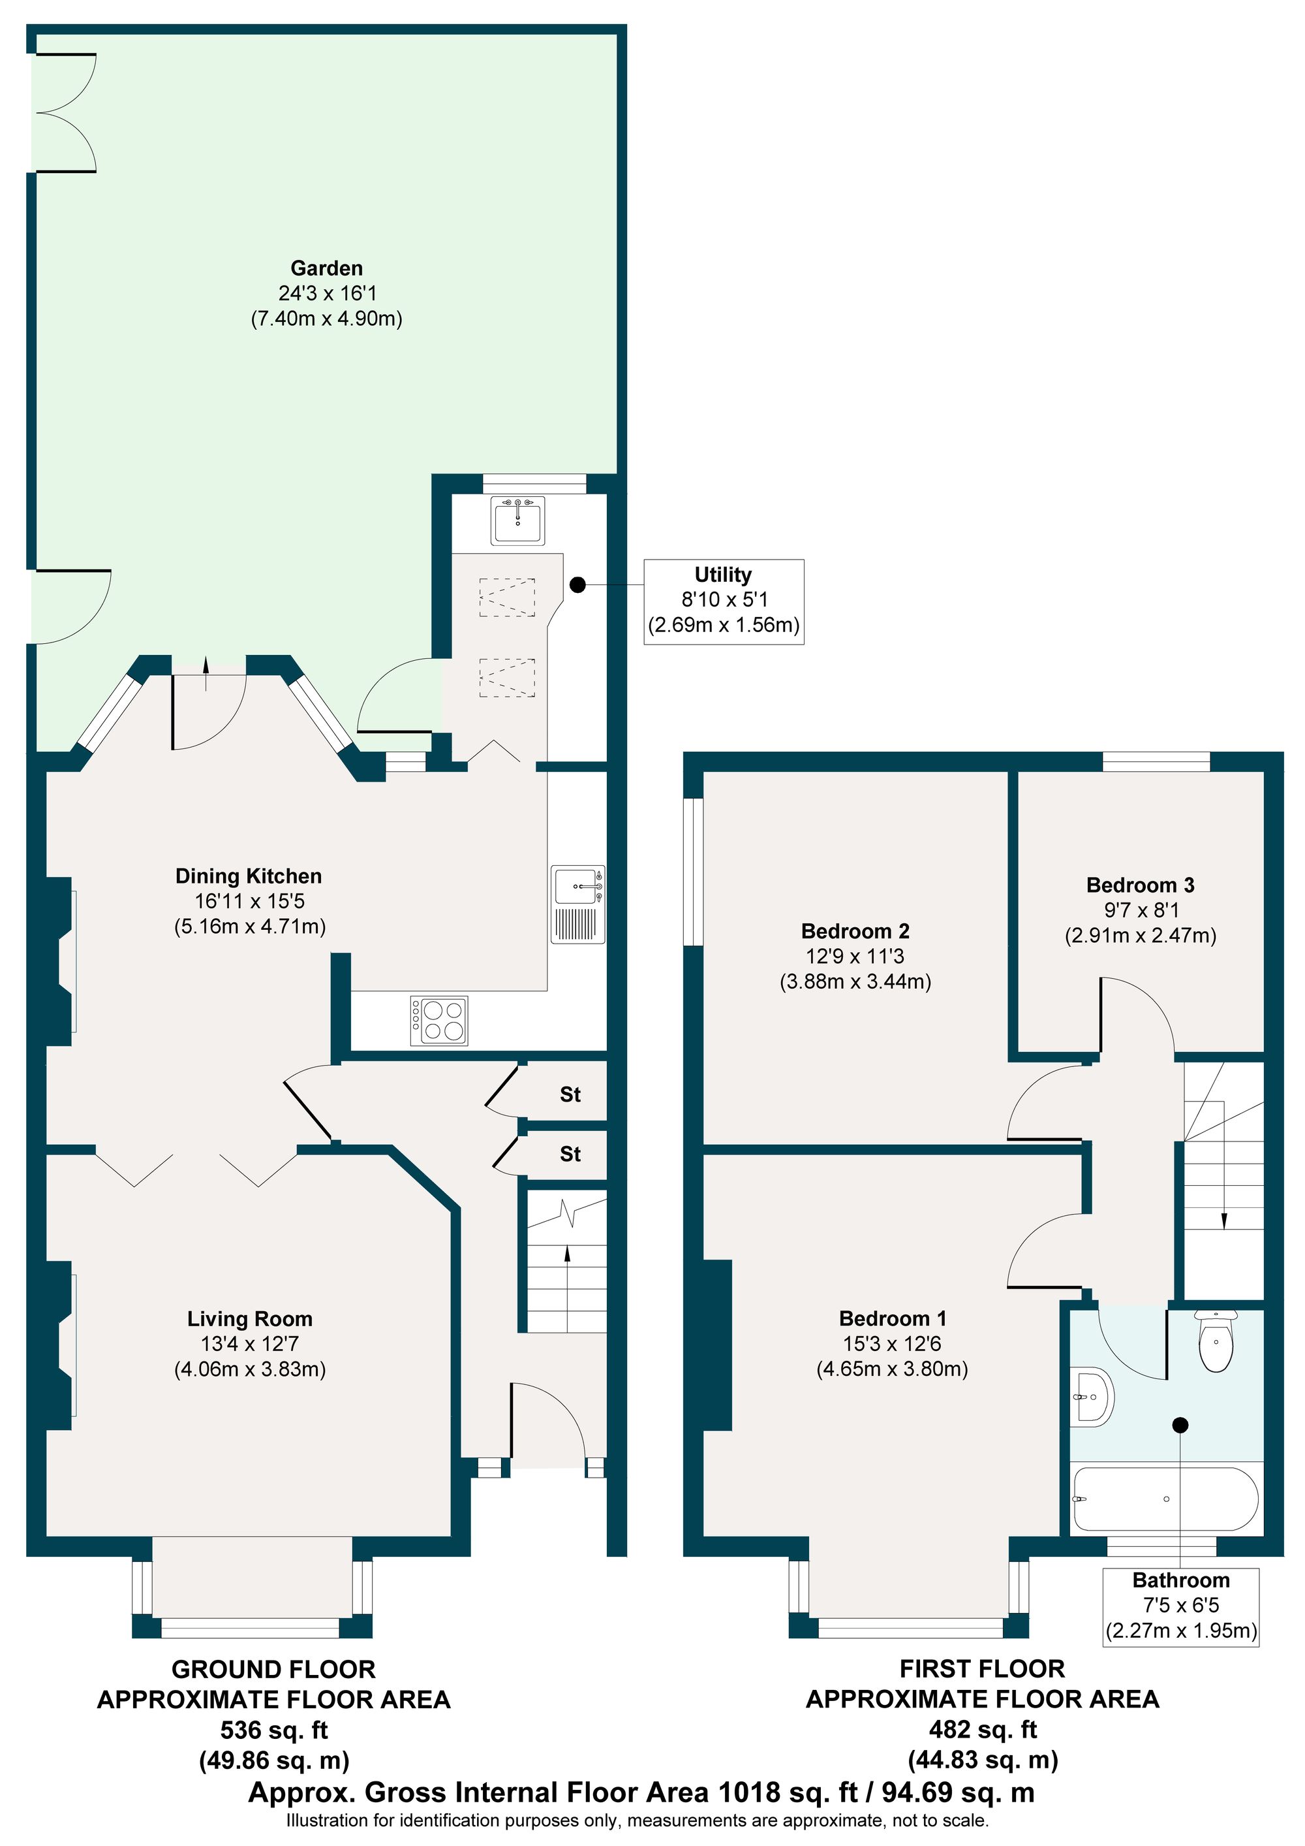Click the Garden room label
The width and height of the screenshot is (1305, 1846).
point(326,268)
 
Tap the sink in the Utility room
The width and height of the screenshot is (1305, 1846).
point(518,520)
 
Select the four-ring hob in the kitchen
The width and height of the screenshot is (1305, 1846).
point(438,1021)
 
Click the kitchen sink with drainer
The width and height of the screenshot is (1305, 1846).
point(577,904)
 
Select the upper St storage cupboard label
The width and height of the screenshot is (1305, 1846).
point(570,1094)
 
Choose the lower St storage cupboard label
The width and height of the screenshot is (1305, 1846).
point(570,1154)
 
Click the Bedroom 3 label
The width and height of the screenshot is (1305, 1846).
point(1139,885)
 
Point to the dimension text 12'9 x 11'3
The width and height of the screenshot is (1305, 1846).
point(855,956)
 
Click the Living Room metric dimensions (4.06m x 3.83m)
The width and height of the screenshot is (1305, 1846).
point(250,1369)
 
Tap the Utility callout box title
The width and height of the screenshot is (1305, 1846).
point(722,575)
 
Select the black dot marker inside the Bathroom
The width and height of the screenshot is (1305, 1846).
point(1180,1425)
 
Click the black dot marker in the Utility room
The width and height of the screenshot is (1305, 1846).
point(577,585)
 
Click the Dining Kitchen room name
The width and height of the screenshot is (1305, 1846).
point(249,876)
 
